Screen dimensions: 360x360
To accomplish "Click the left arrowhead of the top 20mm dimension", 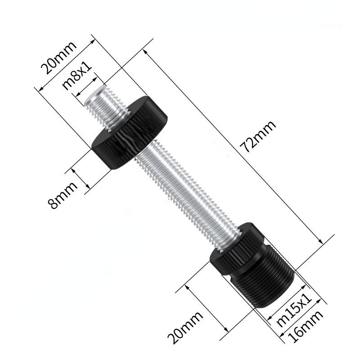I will tap(38, 89).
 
